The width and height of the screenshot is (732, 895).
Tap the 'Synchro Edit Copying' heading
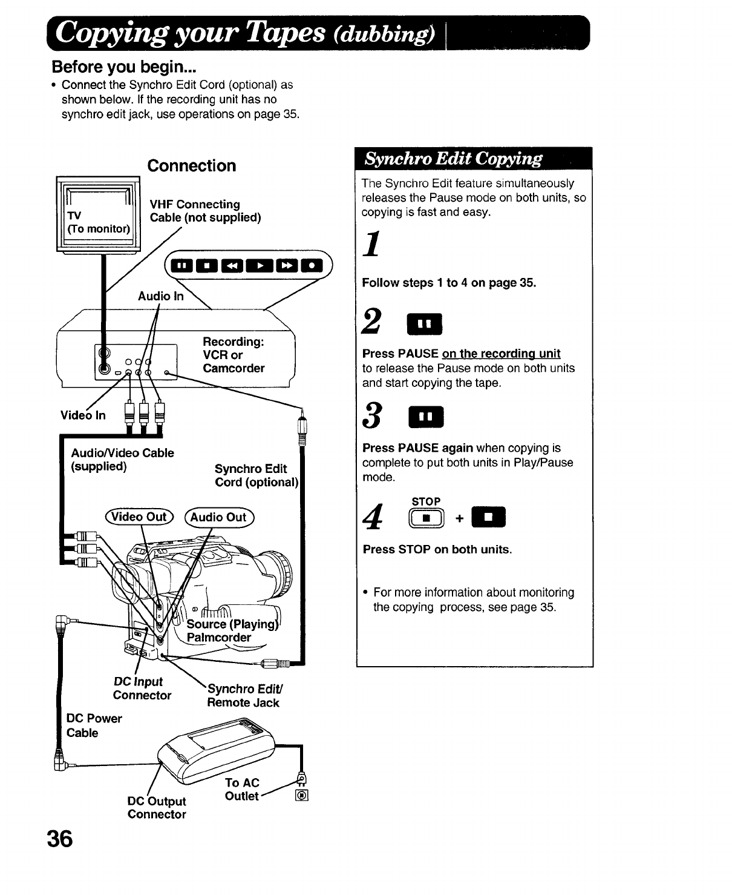coord(454,159)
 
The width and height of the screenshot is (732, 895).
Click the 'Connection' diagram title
coord(192,166)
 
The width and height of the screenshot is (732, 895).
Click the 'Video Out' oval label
coord(140,517)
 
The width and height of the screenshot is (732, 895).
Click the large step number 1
coord(373,245)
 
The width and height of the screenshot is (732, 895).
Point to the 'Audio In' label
coord(160,296)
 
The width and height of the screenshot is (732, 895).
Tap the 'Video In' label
coord(83,415)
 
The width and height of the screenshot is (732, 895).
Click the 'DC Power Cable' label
coord(94,725)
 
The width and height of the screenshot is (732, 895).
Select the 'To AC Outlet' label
coord(242,790)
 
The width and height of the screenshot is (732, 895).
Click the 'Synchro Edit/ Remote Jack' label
coord(244,696)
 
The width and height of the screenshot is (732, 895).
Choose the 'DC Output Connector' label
coord(157,808)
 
